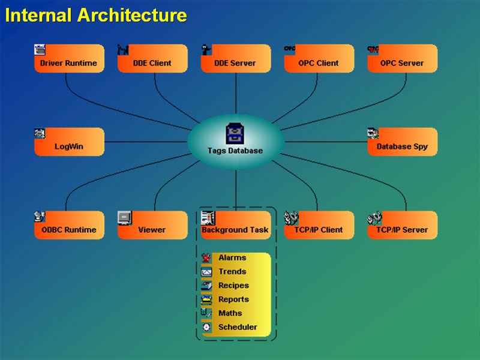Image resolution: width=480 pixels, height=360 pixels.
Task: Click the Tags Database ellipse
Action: (235, 142)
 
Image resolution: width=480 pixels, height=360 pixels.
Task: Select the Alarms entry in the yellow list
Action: (232, 258)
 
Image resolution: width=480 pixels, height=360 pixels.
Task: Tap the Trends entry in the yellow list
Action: (232, 272)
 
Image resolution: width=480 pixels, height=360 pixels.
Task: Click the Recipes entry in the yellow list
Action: (233, 286)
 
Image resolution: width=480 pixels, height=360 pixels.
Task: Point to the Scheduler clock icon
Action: (206, 327)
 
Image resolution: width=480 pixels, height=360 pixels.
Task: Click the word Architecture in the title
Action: (131, 15)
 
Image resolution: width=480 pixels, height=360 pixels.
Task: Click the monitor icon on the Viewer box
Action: (124, 217)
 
